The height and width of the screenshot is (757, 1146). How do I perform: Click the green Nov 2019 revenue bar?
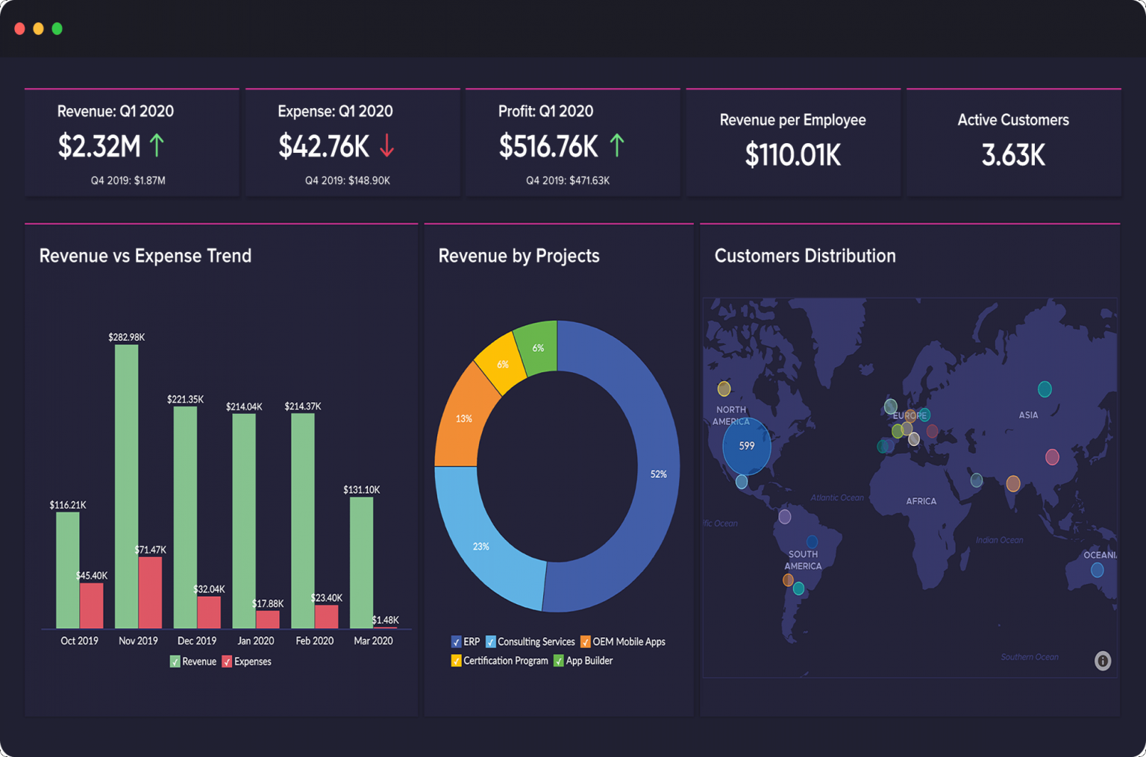coord(127,485)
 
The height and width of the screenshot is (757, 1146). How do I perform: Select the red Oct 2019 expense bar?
coord(92,605)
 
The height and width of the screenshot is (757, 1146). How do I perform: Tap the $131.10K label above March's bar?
coord(361,490)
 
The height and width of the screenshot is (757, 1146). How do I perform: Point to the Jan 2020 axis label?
coord(255,641)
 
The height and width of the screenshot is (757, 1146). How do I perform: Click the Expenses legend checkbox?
coord(227,662)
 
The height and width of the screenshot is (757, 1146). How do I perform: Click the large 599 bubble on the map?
coord(747,446)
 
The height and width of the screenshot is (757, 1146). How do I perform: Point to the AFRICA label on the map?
coord(921,501)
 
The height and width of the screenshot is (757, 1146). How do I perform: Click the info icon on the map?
coord(1103,661)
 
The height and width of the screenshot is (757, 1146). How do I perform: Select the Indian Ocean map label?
coord(999,540)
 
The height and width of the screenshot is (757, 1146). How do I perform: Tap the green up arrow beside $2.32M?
coord(157,145)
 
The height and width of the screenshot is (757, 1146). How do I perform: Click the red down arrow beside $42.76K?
coord(386,145)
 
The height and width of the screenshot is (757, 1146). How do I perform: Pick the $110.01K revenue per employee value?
coord(792,155)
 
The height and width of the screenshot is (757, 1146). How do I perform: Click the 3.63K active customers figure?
coord(1012,155)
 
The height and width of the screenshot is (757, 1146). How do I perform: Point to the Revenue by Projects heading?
coord(519,256)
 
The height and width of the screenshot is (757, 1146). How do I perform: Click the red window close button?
coord(20,29)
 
